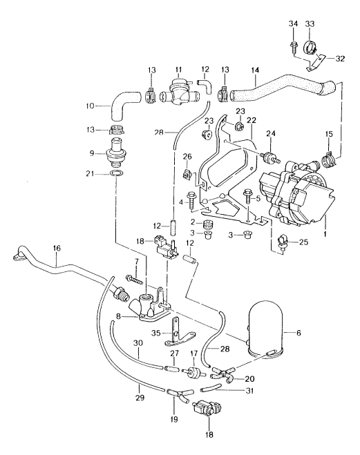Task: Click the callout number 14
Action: tap(256, 70)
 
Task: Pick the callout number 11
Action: tap(178, 70)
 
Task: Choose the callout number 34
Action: tap(292, 24)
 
